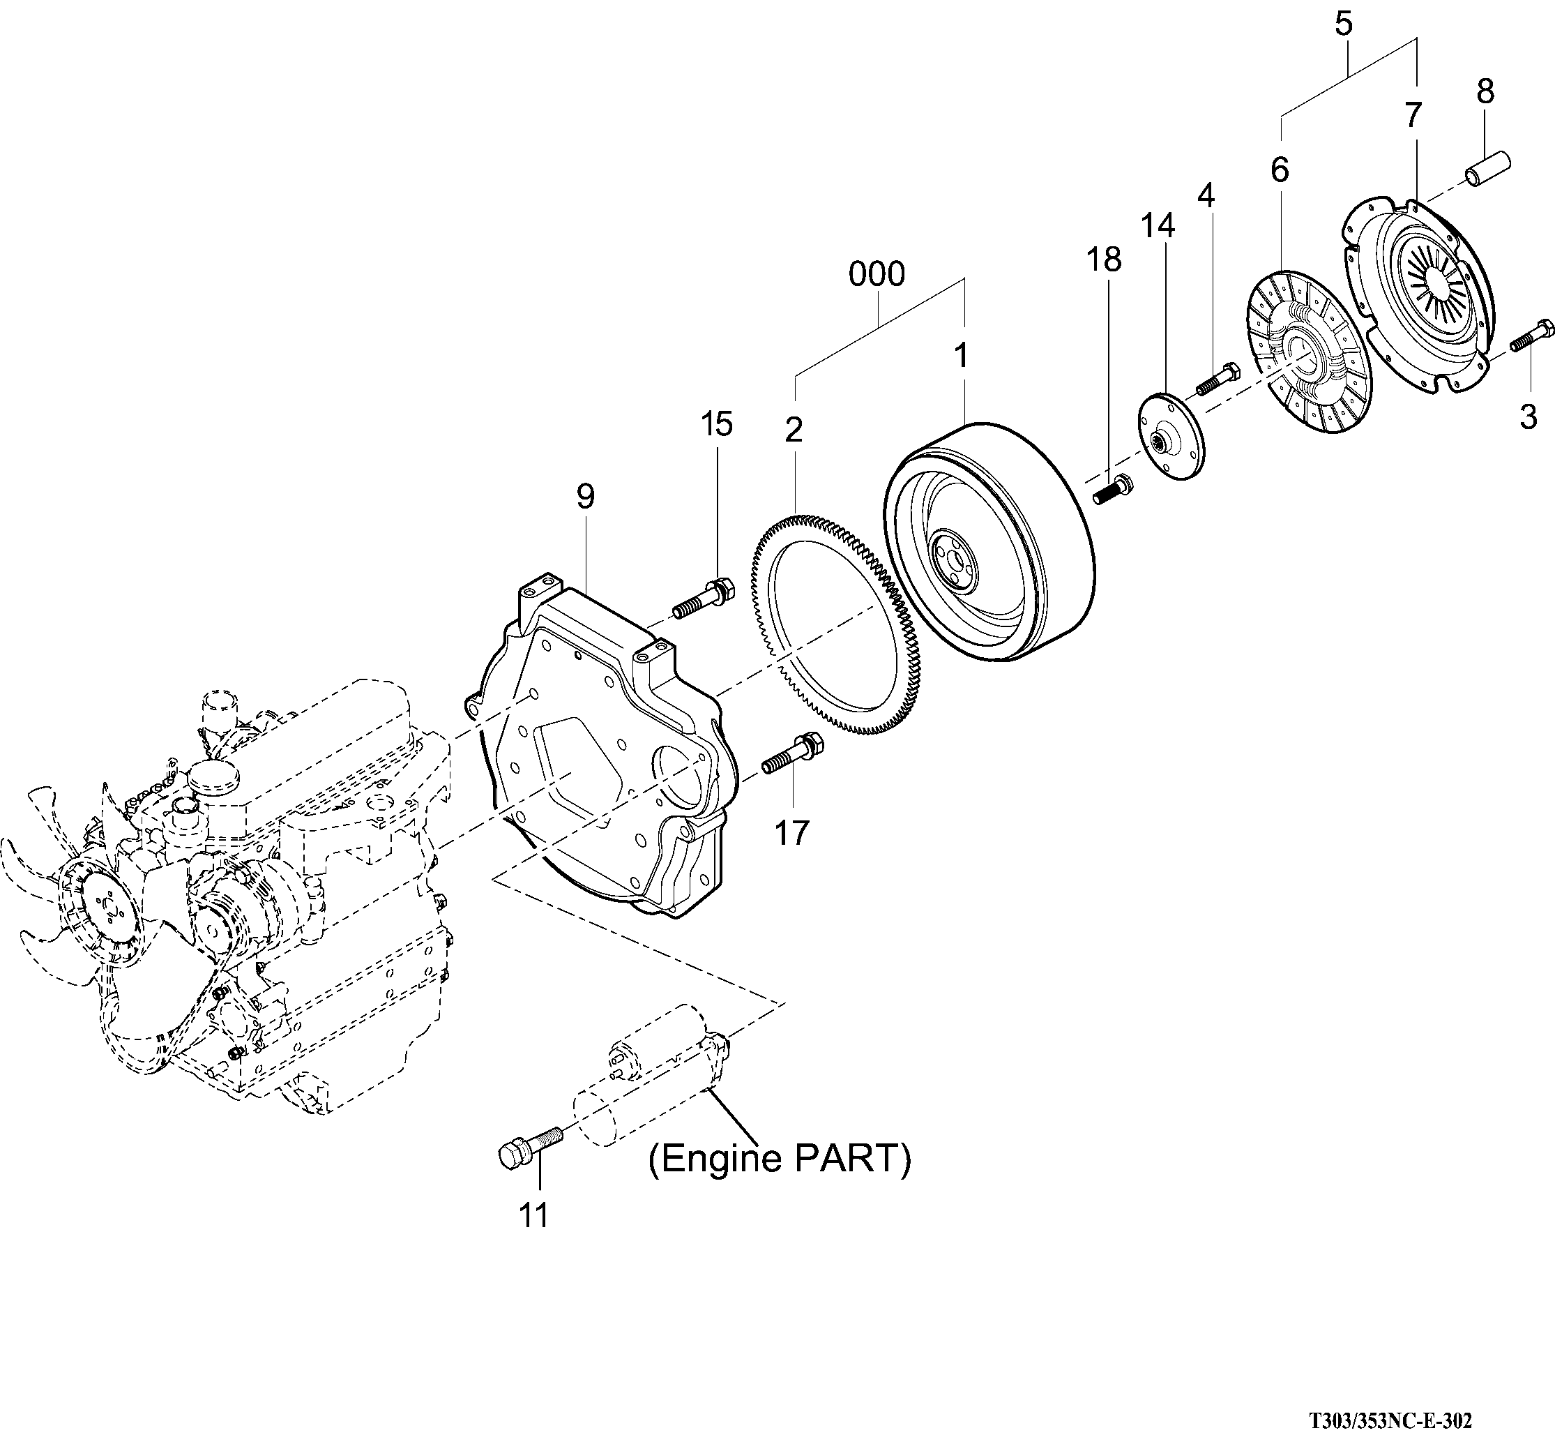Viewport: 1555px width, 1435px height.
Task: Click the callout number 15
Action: coord(715,425)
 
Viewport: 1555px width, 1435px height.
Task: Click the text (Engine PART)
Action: coord(780,1159)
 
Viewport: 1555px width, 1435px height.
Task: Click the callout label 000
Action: coord(877,275)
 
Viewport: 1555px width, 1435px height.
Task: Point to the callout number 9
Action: coord(584,497)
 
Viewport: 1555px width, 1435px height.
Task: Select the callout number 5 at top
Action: coord(1343,24)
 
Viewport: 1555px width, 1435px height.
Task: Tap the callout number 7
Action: coord(1412,116)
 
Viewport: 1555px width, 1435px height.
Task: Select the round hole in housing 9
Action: coord(683,776)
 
